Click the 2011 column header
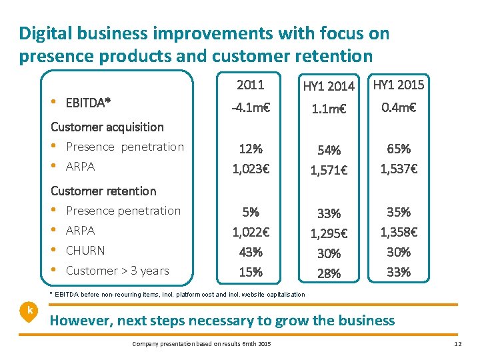tap(251, 85)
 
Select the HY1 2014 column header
tap(329, 86)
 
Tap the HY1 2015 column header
tap(399, 85)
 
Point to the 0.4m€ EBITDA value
tap(399, 107)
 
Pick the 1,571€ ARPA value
tap(329, 171)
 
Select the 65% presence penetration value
tap(399, 149)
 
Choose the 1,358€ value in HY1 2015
tap(399, 233)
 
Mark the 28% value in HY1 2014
tap(329, 274)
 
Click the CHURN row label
tap(85, 251)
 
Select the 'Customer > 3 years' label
tap(117, 271)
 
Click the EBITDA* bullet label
tap(88, 103)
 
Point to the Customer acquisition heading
tap(107, 127)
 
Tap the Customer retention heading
tap(103, 191)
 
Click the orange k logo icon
tap(29, 311)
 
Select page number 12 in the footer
tap(457, 343)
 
